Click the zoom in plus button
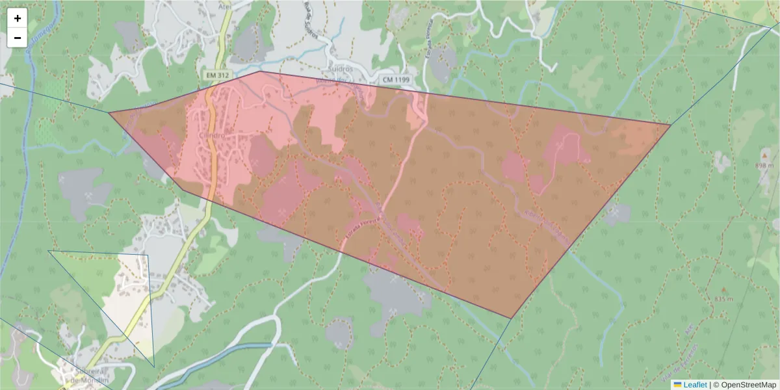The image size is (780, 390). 18,18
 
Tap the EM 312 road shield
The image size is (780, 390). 218,75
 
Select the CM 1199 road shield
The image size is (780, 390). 396,79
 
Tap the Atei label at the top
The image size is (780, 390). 226,5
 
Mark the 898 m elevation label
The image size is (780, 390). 764,166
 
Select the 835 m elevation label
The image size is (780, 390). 723,299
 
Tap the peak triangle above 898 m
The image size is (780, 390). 764,156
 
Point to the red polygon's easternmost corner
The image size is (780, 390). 670,124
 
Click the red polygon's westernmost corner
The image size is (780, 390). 109,112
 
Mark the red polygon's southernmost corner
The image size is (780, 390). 511,318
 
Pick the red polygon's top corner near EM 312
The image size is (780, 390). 259,71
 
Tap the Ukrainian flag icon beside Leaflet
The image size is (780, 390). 677,385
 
